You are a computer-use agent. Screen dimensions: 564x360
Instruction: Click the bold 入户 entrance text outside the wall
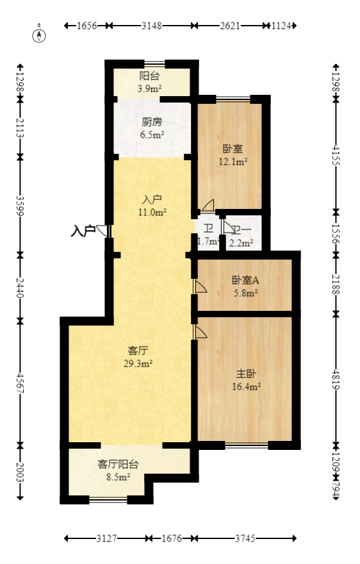(83, 229)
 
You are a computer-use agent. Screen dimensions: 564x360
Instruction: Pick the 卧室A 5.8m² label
(245, 286)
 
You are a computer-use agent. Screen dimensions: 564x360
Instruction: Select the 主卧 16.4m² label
(246, 379)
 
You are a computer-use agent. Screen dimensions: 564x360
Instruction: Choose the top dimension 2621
(230, 26)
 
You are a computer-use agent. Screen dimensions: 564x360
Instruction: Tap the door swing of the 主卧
(200, 331)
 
